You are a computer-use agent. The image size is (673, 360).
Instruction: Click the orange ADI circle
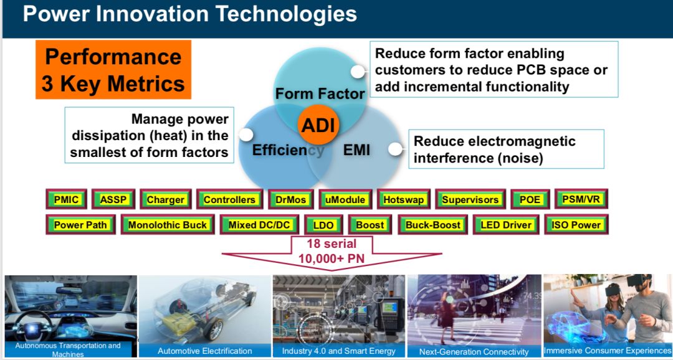click(x=318, y=125)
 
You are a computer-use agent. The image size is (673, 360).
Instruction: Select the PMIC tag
click(x=66, y=199)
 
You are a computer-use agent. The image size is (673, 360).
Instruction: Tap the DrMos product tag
click(x=290, y=199)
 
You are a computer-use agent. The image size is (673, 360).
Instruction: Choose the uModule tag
click(x=345, y=199)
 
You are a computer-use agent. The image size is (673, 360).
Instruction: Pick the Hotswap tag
click(x=403, y=199)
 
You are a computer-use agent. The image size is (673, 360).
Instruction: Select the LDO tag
click(x=324, y=225)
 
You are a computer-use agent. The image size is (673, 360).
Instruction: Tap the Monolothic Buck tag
click(x=168, y=224)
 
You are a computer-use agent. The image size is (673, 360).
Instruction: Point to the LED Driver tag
click(x=506, y=224)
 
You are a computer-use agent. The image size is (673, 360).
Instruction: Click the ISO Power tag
click(x=576, y=224)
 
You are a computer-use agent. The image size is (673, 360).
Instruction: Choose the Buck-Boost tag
click(x=432, y=224)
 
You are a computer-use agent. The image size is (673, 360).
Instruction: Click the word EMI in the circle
click(x=356, y=150)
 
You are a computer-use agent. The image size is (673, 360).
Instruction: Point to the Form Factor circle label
click(x=320, y=93)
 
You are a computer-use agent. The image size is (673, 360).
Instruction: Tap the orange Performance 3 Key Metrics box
click(x=113, y=70)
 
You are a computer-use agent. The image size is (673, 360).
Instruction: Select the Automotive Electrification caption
click(x=205, y=351)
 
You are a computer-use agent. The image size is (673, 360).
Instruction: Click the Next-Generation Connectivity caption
click(x=474, y=351)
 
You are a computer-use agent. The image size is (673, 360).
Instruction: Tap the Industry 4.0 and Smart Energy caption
click(x=338, y=351)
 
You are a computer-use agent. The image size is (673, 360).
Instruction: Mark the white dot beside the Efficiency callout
click(x=246, y=135)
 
